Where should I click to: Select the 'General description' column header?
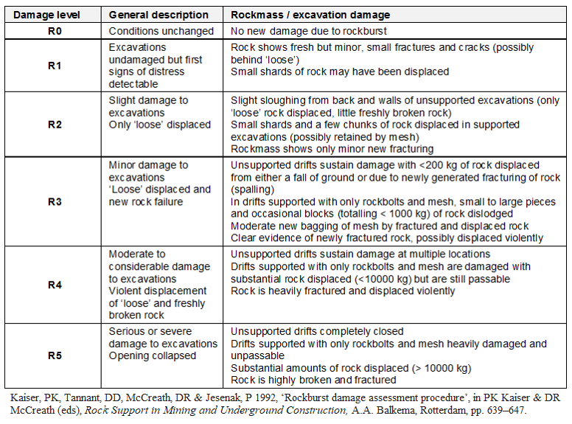click(x=158, y=15)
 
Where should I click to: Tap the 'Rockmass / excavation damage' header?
click(x=310, y=15)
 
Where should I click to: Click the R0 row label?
click(x=55, y=31)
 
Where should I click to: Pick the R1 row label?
click(x=55, y=65)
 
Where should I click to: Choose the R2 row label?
click(x=55, y=124)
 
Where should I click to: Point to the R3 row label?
click(x=55, y=201)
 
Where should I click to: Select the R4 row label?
click(x=55, y=285)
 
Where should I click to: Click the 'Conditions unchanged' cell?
click(x=161, y=31)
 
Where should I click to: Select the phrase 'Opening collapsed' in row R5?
click(x=153, y=355)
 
